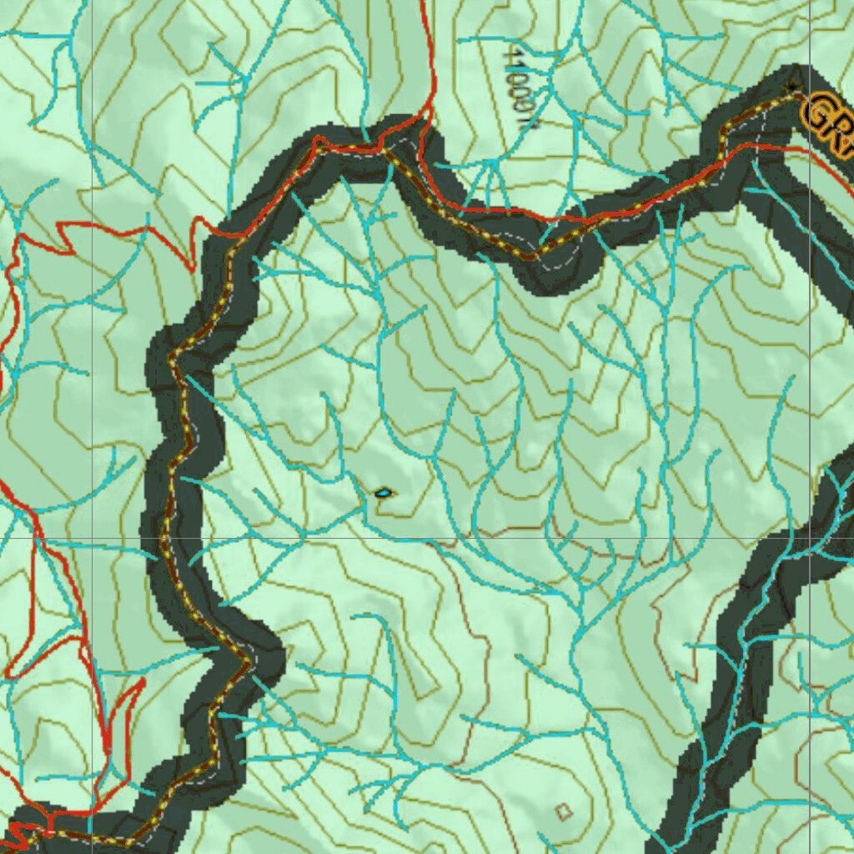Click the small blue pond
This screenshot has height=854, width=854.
[x=383, y=493]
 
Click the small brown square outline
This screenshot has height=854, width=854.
[x=565, y=811]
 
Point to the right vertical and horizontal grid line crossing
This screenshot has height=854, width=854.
[x=810, y=538]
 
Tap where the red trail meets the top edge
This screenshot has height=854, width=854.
[x=423, y=3]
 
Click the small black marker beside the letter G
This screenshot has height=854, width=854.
[x=792, y=85]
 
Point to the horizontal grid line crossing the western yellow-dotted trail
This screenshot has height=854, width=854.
[x=165, y=538]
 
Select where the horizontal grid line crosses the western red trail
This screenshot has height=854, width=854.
[x=40, y=538]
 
